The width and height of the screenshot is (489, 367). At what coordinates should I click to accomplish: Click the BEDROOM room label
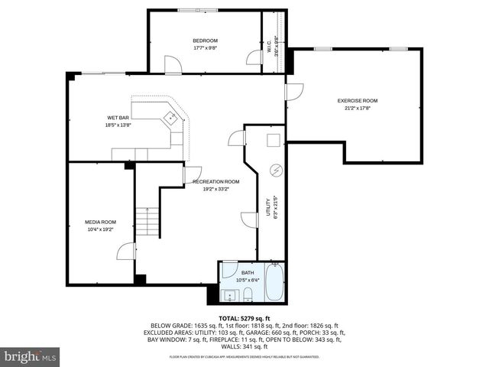coord(205,41)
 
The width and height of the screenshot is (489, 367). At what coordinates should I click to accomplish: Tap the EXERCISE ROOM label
coord(358,101)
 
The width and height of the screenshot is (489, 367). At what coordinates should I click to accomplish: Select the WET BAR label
coord(118,118)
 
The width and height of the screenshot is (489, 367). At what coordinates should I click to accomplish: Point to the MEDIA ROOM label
coord(100,222)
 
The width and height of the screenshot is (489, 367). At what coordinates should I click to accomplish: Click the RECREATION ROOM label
coord(216,181)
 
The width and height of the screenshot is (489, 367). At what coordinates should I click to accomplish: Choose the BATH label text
coord(248,272)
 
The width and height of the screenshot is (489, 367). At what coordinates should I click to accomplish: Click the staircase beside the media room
coord(147,221)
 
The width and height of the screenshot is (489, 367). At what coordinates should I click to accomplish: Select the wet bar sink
coord(170,118)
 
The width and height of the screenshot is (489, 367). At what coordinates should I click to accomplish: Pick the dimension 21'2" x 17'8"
coord(358,108)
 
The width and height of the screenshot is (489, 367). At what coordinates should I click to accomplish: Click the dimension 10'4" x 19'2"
coord(100,229)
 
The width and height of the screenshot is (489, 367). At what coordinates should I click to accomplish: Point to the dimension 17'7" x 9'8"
coord(205,48)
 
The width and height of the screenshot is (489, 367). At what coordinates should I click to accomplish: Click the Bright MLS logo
coord(31,356)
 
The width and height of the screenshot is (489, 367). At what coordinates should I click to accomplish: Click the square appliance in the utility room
coord(273,140)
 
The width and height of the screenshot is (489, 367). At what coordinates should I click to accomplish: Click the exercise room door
coord(294,91)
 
